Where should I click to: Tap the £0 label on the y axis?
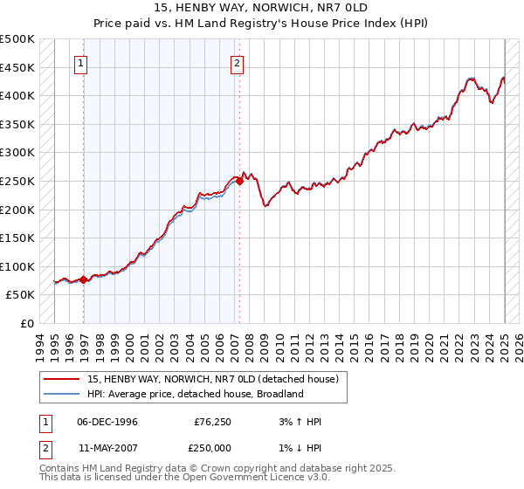(27, 323)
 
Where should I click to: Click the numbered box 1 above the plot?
(80, 63)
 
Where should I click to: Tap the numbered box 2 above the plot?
(238, 63)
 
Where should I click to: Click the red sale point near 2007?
(239, 181)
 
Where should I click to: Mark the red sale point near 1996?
(84, 279)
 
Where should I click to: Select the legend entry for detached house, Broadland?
(194, 394)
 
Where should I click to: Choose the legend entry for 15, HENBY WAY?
(217, 379)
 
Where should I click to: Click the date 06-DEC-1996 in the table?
(107, 422)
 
